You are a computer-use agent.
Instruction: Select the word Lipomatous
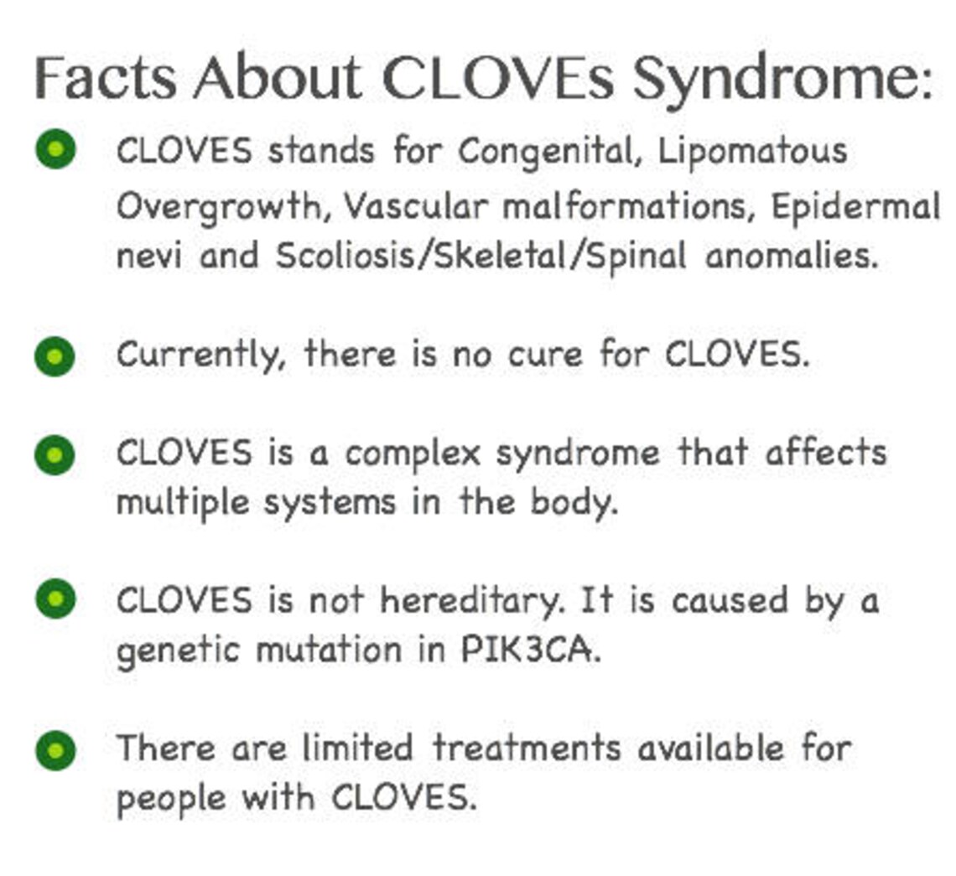(x=752, y=152)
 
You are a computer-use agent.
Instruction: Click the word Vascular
(x=415, y=205)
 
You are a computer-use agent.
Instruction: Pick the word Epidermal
(x=855, y=207)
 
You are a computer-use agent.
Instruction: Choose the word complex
(x=413, y=454)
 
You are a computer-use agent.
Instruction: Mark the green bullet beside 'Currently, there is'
(x=55, y=356)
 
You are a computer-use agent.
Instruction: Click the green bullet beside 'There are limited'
(x=55, y=750)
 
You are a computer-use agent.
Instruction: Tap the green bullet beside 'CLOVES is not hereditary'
(x=55, y=599)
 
